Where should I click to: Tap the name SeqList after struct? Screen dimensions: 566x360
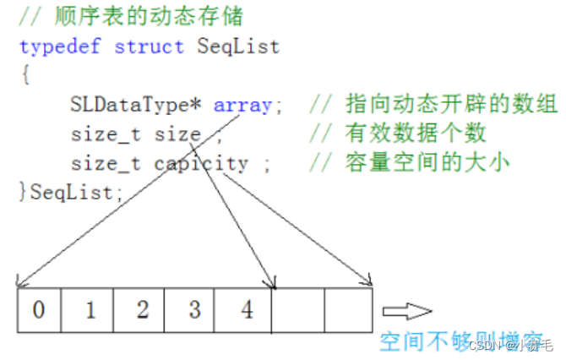(238, 46)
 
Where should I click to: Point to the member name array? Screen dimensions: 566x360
(242, 106)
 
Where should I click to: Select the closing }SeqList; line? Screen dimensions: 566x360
(71, 192)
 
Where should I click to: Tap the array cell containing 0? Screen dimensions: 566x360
(39, 309)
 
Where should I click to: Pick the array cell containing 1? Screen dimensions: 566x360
(90, 309)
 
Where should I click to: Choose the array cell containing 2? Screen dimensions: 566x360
(142, 309)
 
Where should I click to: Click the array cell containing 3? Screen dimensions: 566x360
(193, 309)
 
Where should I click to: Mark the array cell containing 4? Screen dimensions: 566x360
(245, 309)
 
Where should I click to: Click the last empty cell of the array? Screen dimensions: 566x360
(347, 309)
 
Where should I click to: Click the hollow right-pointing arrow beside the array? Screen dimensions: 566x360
(405, 310)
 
